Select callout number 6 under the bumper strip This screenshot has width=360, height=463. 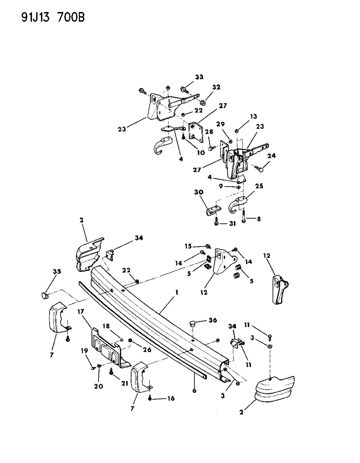pos(194,390)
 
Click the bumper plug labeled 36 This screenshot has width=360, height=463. pos(193,324)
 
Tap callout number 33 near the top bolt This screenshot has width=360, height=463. pos(199,77)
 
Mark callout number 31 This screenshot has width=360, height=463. pos(232,224)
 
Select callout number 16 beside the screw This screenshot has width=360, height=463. pos(170,398)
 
